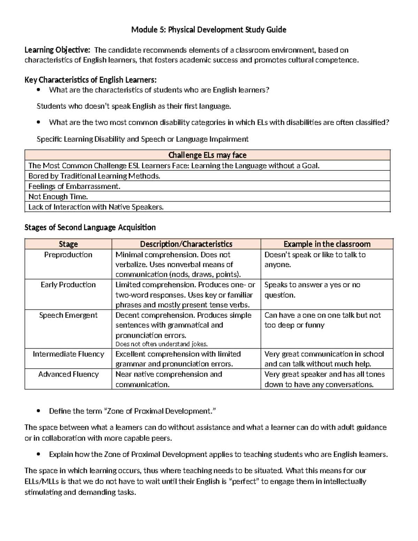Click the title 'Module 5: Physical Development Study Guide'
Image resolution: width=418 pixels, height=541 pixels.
pyautogui.click(x=209, y=30)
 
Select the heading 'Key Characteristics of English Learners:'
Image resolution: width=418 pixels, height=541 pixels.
pyautogui.click(x=93, y=80)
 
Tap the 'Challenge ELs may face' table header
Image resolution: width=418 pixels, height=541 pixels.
pyautogui.click(x=207, y=155)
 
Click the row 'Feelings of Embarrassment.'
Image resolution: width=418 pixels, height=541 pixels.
pyautogui.click(x=74, y=186)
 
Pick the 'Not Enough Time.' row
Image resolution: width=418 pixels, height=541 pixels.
pyautogui.click(x=58, y=196)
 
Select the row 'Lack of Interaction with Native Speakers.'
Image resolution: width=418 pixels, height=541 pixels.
pyautogui.click(x=96, y=207)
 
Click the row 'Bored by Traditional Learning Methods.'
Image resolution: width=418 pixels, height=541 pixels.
pyautogui.click(x=94, y=176)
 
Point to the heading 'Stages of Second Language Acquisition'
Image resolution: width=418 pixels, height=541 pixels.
pyautogui.click(x=90, y=227)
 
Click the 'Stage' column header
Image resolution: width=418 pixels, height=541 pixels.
pyautogui.click(x=68, y=244)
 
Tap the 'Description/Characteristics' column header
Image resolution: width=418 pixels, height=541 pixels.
pyautogui.click(x=186, y=244)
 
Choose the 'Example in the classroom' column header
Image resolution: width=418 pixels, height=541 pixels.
pyautogui.click(x=327, y=244)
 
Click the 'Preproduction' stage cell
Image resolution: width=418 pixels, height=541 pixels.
pyautogui.click(x=68, y=255)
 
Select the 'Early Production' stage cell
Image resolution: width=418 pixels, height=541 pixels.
pyautogui.click(x=68, y=285)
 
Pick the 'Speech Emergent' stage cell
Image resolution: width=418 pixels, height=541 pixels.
pyautogui.click(x=68, y=315)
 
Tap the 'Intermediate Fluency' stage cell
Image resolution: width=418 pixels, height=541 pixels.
pyautogui.click(x=68, y=354)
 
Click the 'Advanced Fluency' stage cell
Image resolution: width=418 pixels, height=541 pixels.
pyautogui.click(x=68, y=374)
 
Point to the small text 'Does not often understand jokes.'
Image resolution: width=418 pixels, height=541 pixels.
pyautogui.click(x=161, y=344)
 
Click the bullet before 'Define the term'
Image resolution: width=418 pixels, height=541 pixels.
pyautogui.click(x=39, y=411)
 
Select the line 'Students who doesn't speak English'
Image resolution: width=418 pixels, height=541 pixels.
pyautogui.click(x=134, y=106)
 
